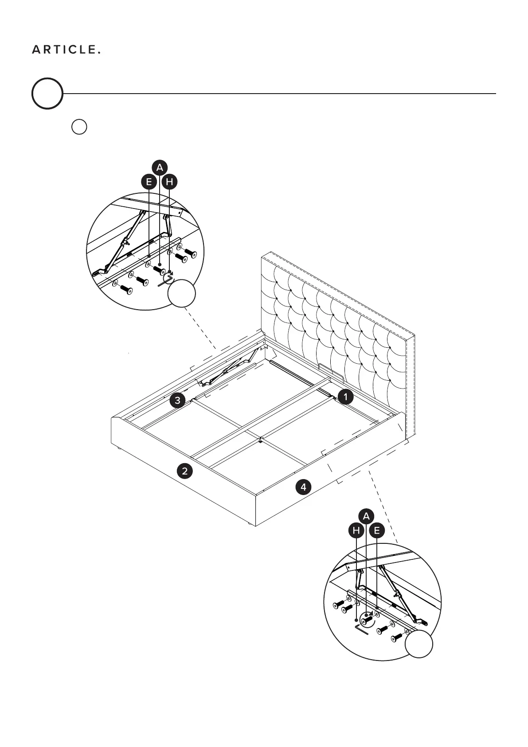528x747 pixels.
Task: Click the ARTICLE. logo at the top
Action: pyautogui.click(x=66, y=50)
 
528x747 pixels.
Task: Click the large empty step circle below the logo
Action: pyautogui.click(x=47, y=94)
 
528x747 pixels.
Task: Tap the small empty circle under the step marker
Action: pyautogui.click(x=79, y=127)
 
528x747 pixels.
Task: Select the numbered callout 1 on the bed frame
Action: pyautogui.click(x=345, y=397)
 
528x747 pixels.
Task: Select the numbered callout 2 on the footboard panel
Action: pyautogui.click(x=184, y=470)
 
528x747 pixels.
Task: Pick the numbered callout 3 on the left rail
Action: pyautogui.click(x=177, y=401)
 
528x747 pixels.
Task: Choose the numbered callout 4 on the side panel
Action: pyautogui.click(x=303, y=487)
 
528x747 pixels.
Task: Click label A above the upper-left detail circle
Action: pyautogui.click(x=160, y=168)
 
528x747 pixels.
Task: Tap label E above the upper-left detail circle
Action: pyautogui.click(x=149, y=181)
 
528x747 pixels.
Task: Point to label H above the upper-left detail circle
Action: pyautogui.click(x=170, y=181)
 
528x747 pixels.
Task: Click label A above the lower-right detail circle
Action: pyautogui.click(x=366, y=516)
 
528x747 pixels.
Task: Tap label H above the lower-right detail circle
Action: pyautogui.click(x=356, y=530)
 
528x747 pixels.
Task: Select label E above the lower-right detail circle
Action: pyautogui.click(x=377, y=530)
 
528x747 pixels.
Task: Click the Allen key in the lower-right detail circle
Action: pyautogui.click(x=361, y=629)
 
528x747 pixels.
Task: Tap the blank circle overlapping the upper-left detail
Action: pyautogui.click(x=182, y=293)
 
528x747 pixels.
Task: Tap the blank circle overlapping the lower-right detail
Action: pyautogui.click(x=419, y=644)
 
